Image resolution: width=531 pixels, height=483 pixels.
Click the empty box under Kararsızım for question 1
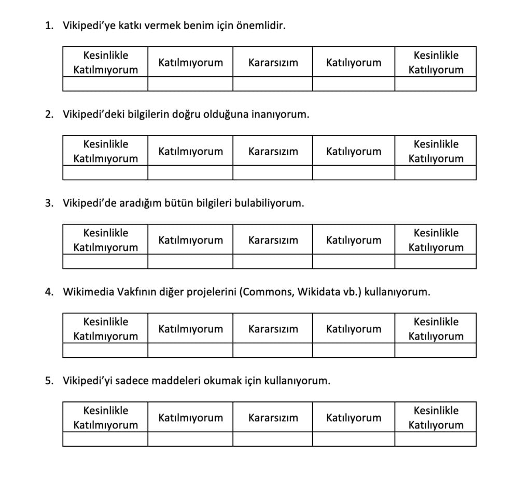tap(272, 84)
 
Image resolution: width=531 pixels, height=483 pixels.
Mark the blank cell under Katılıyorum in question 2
tap(353, 173)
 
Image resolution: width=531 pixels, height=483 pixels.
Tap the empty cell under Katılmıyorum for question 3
tap(190, 262)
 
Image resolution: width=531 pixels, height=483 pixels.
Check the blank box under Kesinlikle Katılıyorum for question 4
tap(436, 351)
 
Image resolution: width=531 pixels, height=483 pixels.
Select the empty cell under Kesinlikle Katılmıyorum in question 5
tap(105, 439)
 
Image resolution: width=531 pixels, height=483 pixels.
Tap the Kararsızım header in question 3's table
tap(273, 240)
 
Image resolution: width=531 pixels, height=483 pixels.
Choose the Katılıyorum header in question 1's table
tap(353, 62)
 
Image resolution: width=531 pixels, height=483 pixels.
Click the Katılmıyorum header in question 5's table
tap(190, 418)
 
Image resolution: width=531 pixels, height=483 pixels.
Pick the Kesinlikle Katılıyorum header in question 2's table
tap(436, 151)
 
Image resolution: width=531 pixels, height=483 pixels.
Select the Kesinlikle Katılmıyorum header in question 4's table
tap(105, 329)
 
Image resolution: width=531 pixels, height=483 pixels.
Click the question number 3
tap(49, 203)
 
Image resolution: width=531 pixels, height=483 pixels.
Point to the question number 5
tap(49, 381)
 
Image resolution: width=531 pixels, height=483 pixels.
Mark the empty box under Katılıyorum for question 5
tap(353, 439)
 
